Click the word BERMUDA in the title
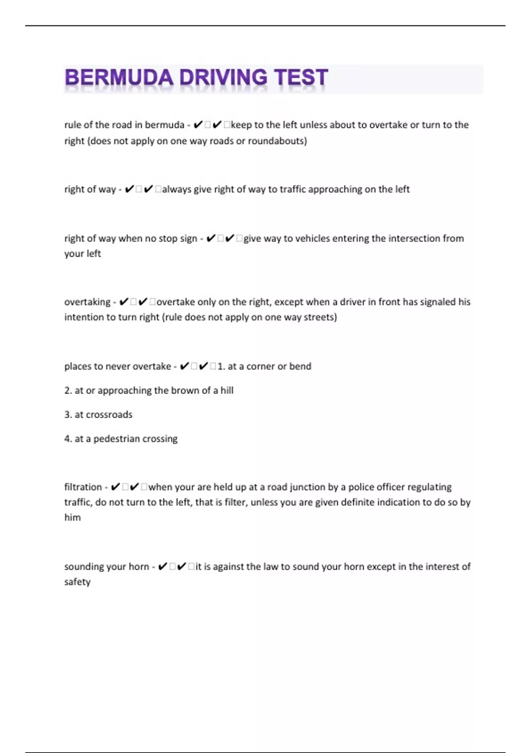[x=119, y=78]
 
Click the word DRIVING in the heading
[x=223, y=78]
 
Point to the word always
[x=177, y=190]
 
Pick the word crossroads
[x=109, y=415]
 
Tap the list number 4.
[x=68, y=439]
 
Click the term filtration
[x=83, y=487]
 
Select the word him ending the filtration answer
[x=73, y=518]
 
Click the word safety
[x=77, y=582]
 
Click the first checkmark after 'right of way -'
[x=129, y=190]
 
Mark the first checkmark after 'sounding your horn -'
[x=162, y=567]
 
